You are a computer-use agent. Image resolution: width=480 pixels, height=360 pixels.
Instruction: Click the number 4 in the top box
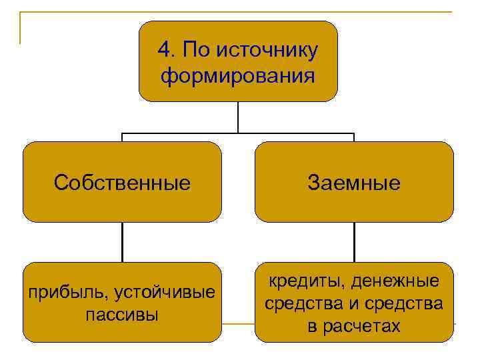(163, 50)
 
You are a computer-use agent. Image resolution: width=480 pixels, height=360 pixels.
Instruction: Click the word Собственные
(122, 183)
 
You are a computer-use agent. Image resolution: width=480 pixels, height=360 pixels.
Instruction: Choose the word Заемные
(354, 183)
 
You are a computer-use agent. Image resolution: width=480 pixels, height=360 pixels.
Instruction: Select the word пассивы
(122, 314)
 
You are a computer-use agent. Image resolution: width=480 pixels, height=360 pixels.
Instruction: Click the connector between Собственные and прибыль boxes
(122, 241)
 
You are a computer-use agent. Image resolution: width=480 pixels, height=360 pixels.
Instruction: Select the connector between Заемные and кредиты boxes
(354, 241)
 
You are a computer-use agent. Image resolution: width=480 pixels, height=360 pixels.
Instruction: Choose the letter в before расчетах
(313, 326)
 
